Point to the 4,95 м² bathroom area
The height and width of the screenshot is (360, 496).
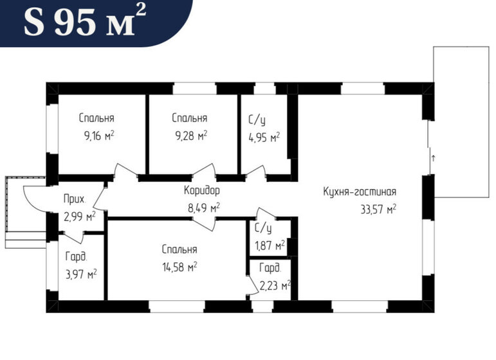click(x=264, y=138)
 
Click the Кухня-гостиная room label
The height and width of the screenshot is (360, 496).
click(x=359, y=192)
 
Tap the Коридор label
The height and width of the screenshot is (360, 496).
click(x=201, y=191)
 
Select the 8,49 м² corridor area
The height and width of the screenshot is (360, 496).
click(x=203, y=207)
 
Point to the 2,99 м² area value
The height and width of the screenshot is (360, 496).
click(x=79, y=216)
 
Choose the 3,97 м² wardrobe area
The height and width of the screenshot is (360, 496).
click(x=80, y=273)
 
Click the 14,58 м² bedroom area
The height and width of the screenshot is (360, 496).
click(x=179, y=265)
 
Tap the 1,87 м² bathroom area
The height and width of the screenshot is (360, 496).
click(x=270, y=245)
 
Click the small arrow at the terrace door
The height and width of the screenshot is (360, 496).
click(x=433, y=157)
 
